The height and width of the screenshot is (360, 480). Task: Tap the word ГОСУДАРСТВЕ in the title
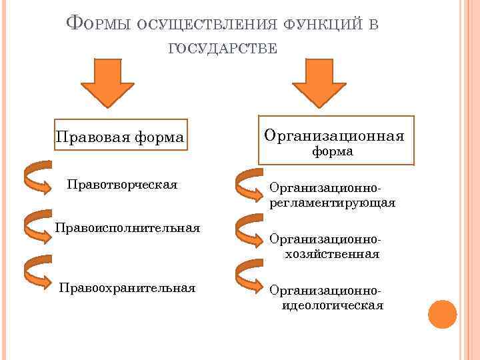223,47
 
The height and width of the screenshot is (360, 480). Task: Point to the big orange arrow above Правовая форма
107,83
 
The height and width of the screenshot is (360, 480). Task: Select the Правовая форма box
120,137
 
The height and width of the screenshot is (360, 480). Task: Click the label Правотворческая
122,184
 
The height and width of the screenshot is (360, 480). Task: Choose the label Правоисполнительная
127,228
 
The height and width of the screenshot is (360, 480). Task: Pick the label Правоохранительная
127,288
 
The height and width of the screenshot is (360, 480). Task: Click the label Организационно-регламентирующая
332,195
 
